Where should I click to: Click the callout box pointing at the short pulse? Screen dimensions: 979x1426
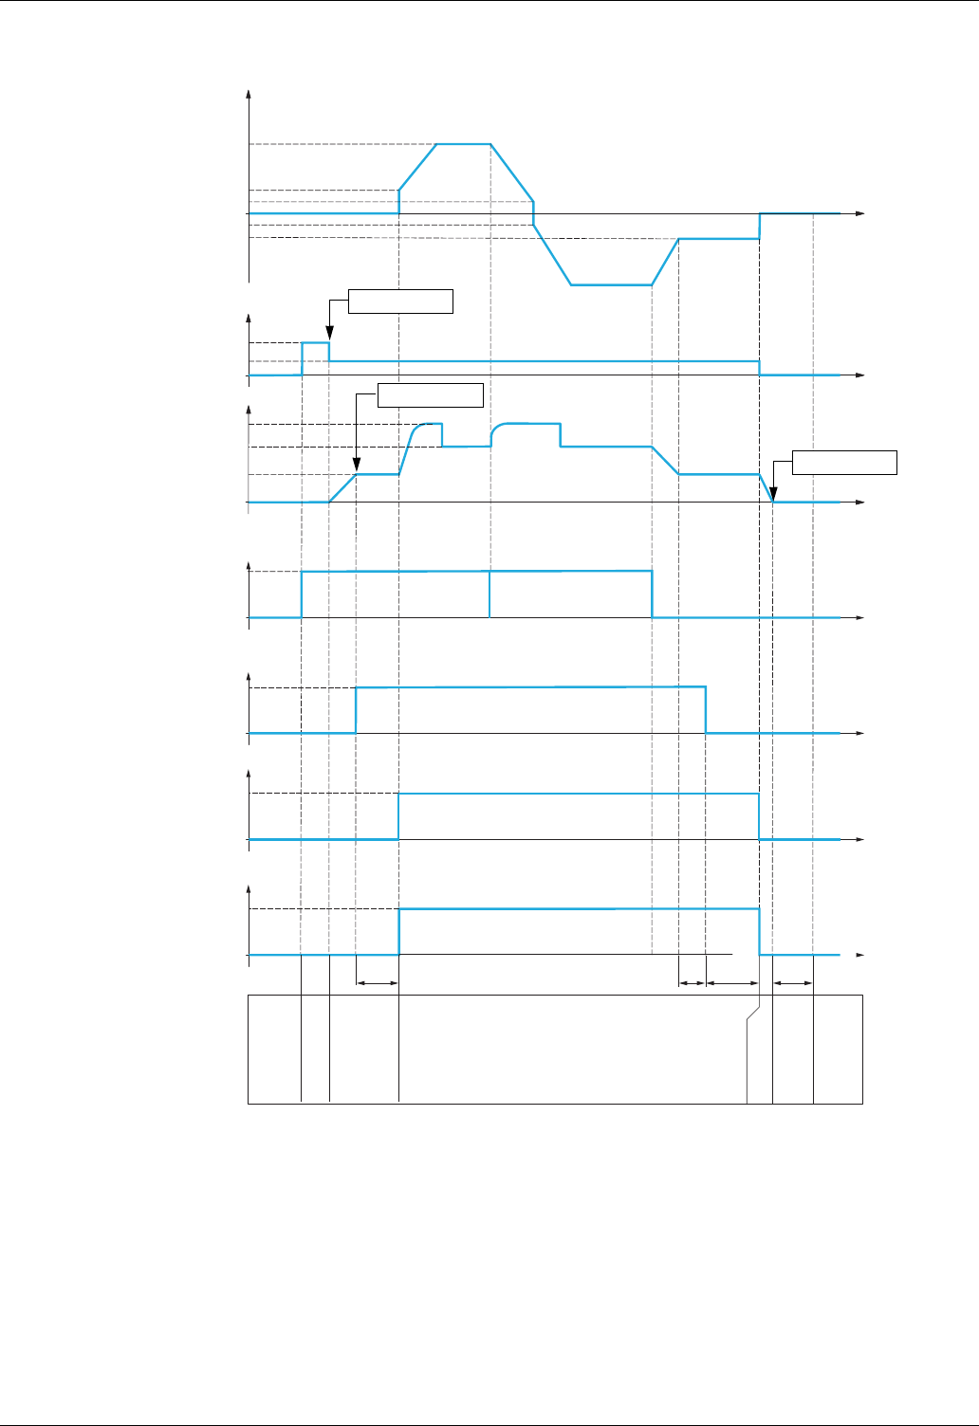[400, 302]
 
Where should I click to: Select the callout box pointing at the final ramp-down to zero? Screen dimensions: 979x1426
[844, 463]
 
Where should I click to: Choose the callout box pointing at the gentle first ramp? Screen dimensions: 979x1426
[431, 394]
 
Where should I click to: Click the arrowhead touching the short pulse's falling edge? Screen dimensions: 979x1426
[329, 335]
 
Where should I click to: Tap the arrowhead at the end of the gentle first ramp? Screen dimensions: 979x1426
[356, 466]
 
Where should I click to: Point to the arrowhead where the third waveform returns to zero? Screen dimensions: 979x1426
[773, 495]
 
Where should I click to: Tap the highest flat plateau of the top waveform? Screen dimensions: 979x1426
[463, 144]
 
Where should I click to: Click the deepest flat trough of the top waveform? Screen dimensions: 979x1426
[611, 284]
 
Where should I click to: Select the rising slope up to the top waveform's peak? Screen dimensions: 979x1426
[417, 167]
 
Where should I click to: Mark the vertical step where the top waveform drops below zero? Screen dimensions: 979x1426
[534, 214]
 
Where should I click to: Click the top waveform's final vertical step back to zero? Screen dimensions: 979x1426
[760, 226]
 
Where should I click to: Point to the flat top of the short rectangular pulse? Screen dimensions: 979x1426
[316, 342]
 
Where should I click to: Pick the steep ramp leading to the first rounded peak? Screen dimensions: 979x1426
[406, 451]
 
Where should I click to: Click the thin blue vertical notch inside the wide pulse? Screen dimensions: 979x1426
[489, 594]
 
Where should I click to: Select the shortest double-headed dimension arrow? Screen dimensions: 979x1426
[693, 983]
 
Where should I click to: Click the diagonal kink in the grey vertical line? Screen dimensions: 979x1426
[753, 1015]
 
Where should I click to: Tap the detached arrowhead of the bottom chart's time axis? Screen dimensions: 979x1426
[860, 955]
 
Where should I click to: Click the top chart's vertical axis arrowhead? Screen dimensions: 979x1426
[249, 93]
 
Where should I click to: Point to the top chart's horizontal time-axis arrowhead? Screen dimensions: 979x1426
[860, 214]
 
